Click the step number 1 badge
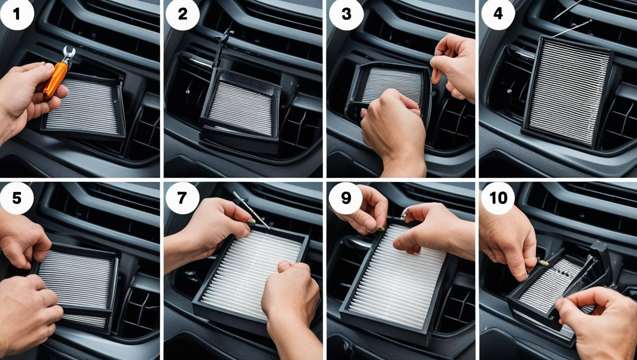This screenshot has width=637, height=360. (17, 14)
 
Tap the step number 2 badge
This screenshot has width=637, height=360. (183, 14)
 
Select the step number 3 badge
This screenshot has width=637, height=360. (346, 14)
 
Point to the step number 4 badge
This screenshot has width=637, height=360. (498, 14)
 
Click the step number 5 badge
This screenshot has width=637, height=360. (17, 198)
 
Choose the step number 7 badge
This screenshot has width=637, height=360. (182, 198)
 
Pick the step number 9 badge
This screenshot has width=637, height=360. (346, 198)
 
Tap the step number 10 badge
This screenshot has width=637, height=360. (498, 198)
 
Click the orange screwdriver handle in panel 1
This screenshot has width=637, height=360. (55, 81)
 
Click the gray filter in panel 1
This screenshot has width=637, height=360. (83, 106)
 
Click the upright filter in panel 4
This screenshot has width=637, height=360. (567, 91)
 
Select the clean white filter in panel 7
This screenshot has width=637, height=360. (250, 273)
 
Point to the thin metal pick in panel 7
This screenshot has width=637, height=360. (251, 210)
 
